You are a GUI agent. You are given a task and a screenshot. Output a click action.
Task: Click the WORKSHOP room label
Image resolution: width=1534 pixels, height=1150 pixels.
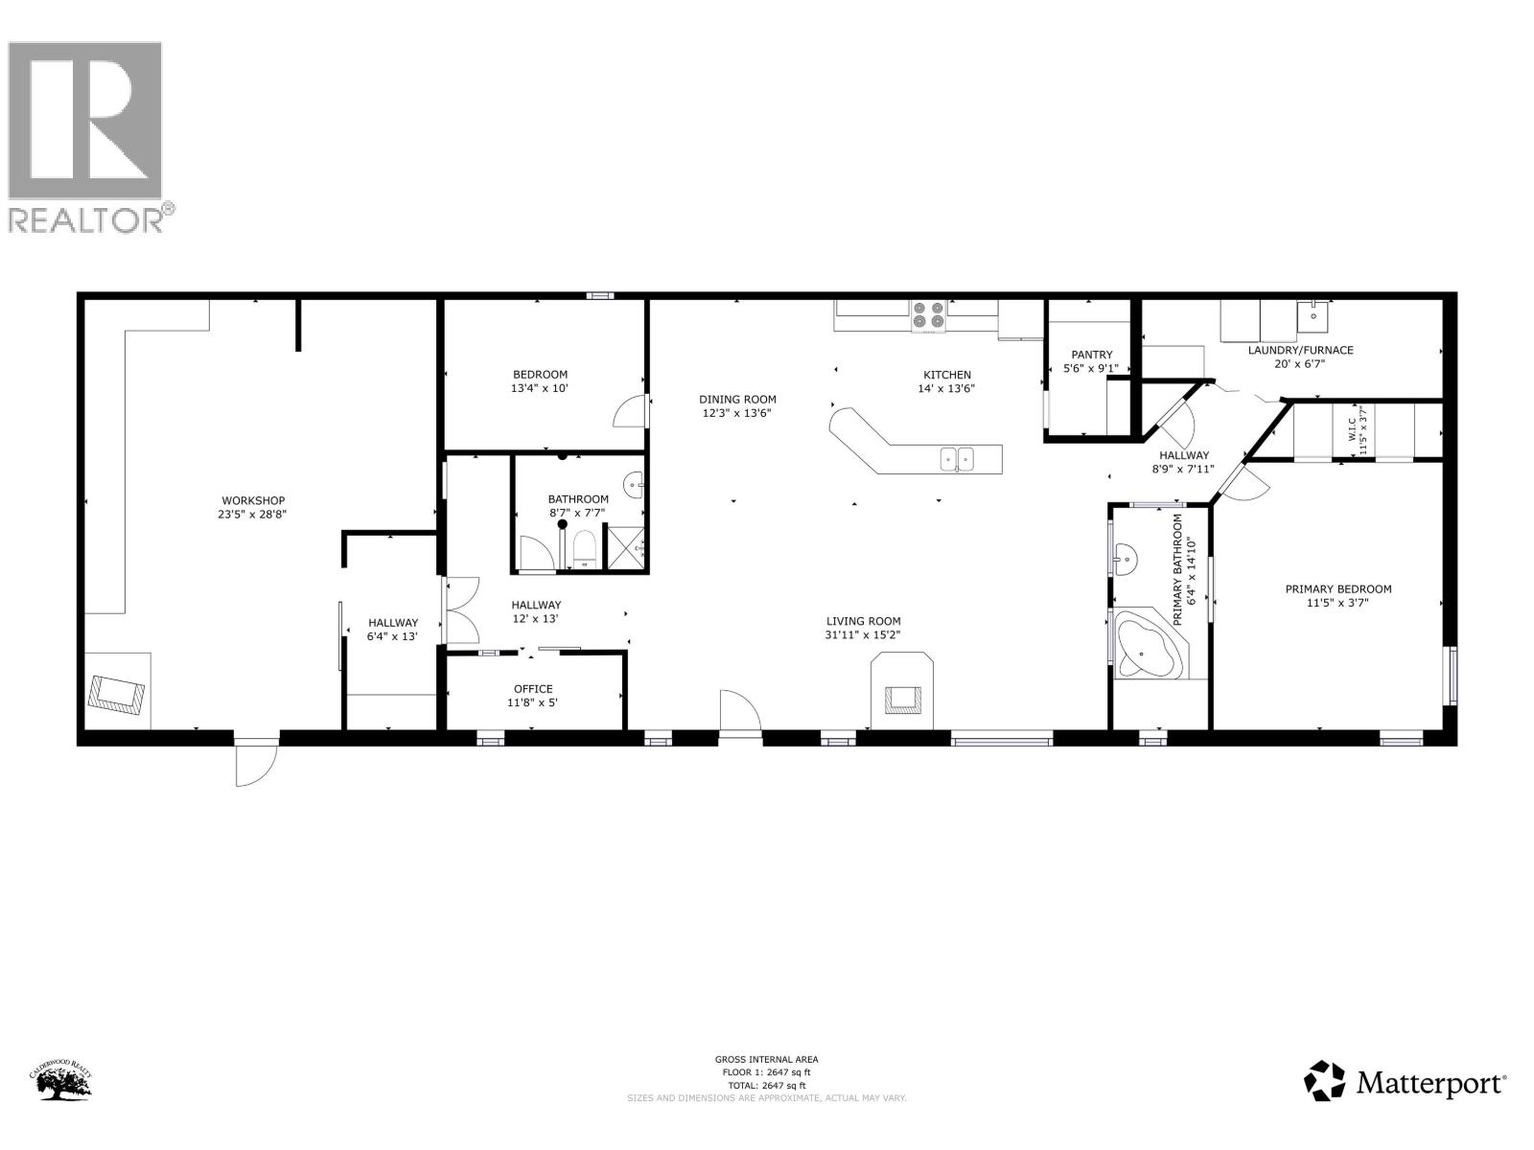253,500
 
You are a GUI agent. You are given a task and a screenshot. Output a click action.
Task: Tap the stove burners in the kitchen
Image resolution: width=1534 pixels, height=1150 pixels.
927,316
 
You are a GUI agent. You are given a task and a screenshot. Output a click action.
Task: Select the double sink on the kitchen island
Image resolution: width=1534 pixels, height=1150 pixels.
956,459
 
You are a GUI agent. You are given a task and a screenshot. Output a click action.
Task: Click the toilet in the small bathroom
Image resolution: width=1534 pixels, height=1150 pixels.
584,551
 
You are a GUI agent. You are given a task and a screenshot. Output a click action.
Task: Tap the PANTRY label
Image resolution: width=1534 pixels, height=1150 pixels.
1091,355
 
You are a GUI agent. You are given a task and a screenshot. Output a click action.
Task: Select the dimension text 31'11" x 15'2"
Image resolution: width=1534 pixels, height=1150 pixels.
862,634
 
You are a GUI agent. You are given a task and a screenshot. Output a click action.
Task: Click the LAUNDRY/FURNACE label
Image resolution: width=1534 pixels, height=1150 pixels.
1300,350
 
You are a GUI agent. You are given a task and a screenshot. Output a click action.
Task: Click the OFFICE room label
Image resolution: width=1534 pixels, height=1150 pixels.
533,689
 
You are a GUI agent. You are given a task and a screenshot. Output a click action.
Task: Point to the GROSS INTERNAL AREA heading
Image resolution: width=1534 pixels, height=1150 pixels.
766,1059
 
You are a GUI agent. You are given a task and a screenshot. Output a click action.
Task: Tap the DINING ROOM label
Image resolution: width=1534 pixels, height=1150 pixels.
737,400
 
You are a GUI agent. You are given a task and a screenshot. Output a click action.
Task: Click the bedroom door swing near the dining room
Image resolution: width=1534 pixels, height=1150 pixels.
629,412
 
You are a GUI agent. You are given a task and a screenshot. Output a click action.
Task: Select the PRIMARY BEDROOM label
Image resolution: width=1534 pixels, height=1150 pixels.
1337,589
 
